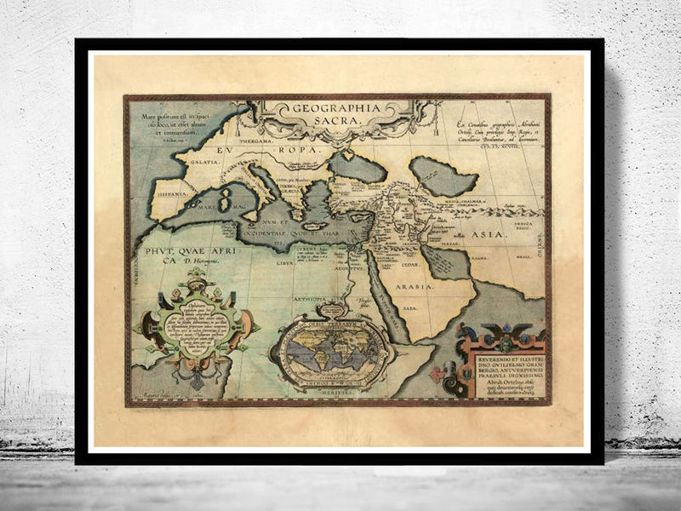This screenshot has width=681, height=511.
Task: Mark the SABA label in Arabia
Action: [x=410, y=308]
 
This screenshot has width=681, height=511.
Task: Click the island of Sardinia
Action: [x=225, y=202]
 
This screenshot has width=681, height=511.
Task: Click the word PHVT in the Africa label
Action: [x=160, y=252]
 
